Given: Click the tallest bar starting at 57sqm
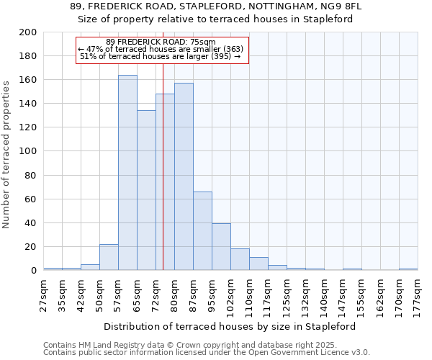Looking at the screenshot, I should tap(127, 173).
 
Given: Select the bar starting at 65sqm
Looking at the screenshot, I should tap(146, 191).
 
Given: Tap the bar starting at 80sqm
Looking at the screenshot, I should tap(184, 176).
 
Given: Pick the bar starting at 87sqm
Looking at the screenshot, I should tap(202, 231).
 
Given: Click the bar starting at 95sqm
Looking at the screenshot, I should tap(221, 247).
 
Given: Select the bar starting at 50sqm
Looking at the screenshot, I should tap(109, 257).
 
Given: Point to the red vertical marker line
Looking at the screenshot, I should tap(163, 180).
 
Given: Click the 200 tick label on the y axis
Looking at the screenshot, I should tap(28, 32).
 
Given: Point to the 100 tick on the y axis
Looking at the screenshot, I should tap(28, 151).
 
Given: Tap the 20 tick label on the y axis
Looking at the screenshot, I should tap(31, 247).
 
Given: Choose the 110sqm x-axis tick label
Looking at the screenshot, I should tap(250, 294).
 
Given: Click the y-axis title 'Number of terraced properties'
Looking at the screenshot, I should tap(6, 154).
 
